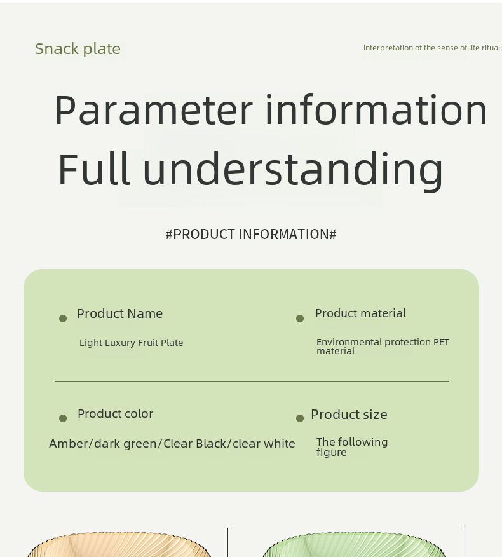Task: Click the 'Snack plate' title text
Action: tap(78, 49)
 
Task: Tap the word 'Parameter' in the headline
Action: tap(154, 110)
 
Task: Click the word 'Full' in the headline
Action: tap(93, 168)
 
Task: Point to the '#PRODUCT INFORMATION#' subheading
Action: tap(250, 234)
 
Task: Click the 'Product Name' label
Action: tap(119, 313)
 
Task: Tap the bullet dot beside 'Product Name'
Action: tap(63, 319)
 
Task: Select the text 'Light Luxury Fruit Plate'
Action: tap(131, 343)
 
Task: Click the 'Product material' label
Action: tap(360, 313)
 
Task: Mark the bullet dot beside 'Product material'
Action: tap(300, 319)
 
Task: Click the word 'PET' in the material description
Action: tap(441, 341)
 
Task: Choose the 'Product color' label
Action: tap(115, 413)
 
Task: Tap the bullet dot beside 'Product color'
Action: tap(63, 418)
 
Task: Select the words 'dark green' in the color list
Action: tap(126, 444)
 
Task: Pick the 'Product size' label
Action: tap(349, 414)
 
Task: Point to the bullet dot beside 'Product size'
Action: tap(300, 418)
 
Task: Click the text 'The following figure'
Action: tap(352, 447)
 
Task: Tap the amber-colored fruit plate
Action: tap(119, 546)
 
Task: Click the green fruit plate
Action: tap(354, 546)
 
